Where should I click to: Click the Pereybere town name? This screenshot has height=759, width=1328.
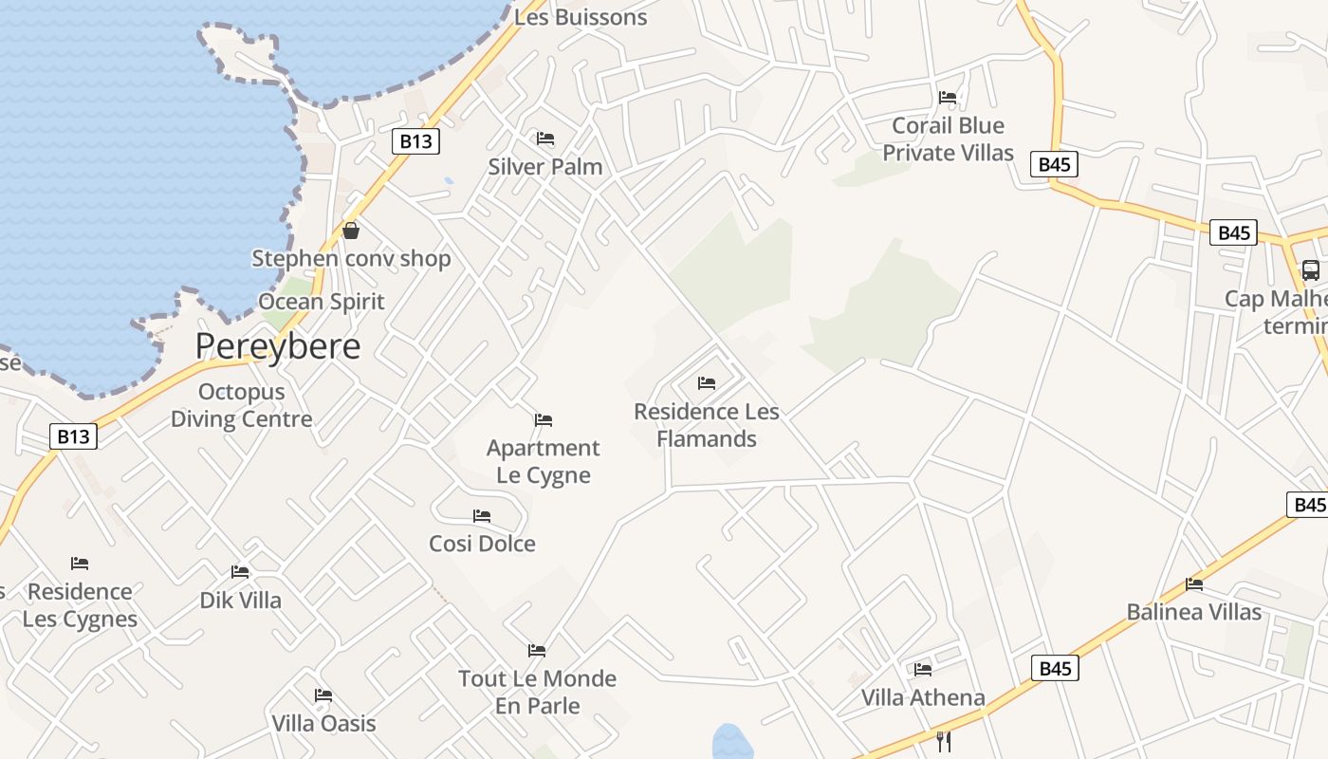(278, 346)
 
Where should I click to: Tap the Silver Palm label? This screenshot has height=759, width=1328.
(545, 167)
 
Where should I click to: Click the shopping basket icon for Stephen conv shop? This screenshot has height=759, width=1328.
(351, 231)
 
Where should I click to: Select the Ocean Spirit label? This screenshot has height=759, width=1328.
(322, 302)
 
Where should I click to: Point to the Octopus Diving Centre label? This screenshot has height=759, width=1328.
(241, 405)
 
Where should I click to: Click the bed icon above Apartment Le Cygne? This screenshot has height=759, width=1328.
(544, 419)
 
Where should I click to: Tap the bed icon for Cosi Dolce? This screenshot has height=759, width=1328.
(482, 516)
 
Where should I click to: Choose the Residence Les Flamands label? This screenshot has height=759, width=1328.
(707, 425)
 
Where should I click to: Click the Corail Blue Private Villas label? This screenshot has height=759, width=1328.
(948, 139)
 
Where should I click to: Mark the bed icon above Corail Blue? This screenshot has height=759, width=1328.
(948, 97)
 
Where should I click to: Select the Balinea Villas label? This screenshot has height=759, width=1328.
(1194, 612)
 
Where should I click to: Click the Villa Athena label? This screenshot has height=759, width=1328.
(923, 698)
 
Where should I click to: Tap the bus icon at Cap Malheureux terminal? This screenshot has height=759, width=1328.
(1311, 270)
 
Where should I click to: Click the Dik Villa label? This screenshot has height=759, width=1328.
(240, 601)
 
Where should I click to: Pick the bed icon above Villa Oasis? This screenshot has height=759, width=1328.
(323, 694)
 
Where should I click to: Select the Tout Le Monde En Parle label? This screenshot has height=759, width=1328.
(537, 692)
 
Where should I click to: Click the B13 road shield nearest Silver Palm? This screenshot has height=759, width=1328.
(415, 141)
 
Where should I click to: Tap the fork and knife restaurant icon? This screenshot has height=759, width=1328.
(943, 741)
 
